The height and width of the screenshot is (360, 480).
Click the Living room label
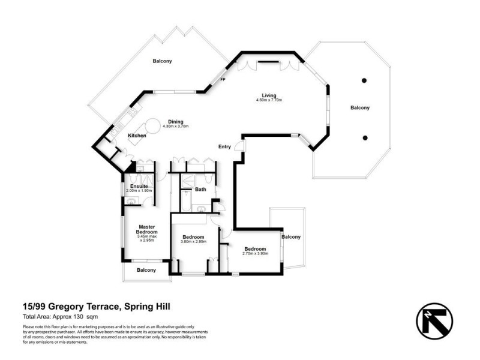point(268,95)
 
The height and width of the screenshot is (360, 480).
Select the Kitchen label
point(137,136)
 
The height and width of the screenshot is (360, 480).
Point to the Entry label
point(224,147)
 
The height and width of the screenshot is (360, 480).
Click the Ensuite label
point(139,186)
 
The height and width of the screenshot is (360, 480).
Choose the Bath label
point(200,190)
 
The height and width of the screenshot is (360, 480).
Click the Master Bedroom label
point(146,229)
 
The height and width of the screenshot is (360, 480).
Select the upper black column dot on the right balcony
point(364,80)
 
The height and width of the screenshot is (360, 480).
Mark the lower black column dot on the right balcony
point(364,137)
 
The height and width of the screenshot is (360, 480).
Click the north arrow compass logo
point(434,317)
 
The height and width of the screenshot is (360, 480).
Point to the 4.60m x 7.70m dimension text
point(268,100)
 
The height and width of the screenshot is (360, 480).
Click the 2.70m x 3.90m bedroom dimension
point(255,254)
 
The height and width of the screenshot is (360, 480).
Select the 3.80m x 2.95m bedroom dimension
point(194,242)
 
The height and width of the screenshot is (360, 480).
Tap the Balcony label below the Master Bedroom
point(146,270)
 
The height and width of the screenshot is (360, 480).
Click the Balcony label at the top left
point(162,61)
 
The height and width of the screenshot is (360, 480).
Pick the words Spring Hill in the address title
point(148,307)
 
